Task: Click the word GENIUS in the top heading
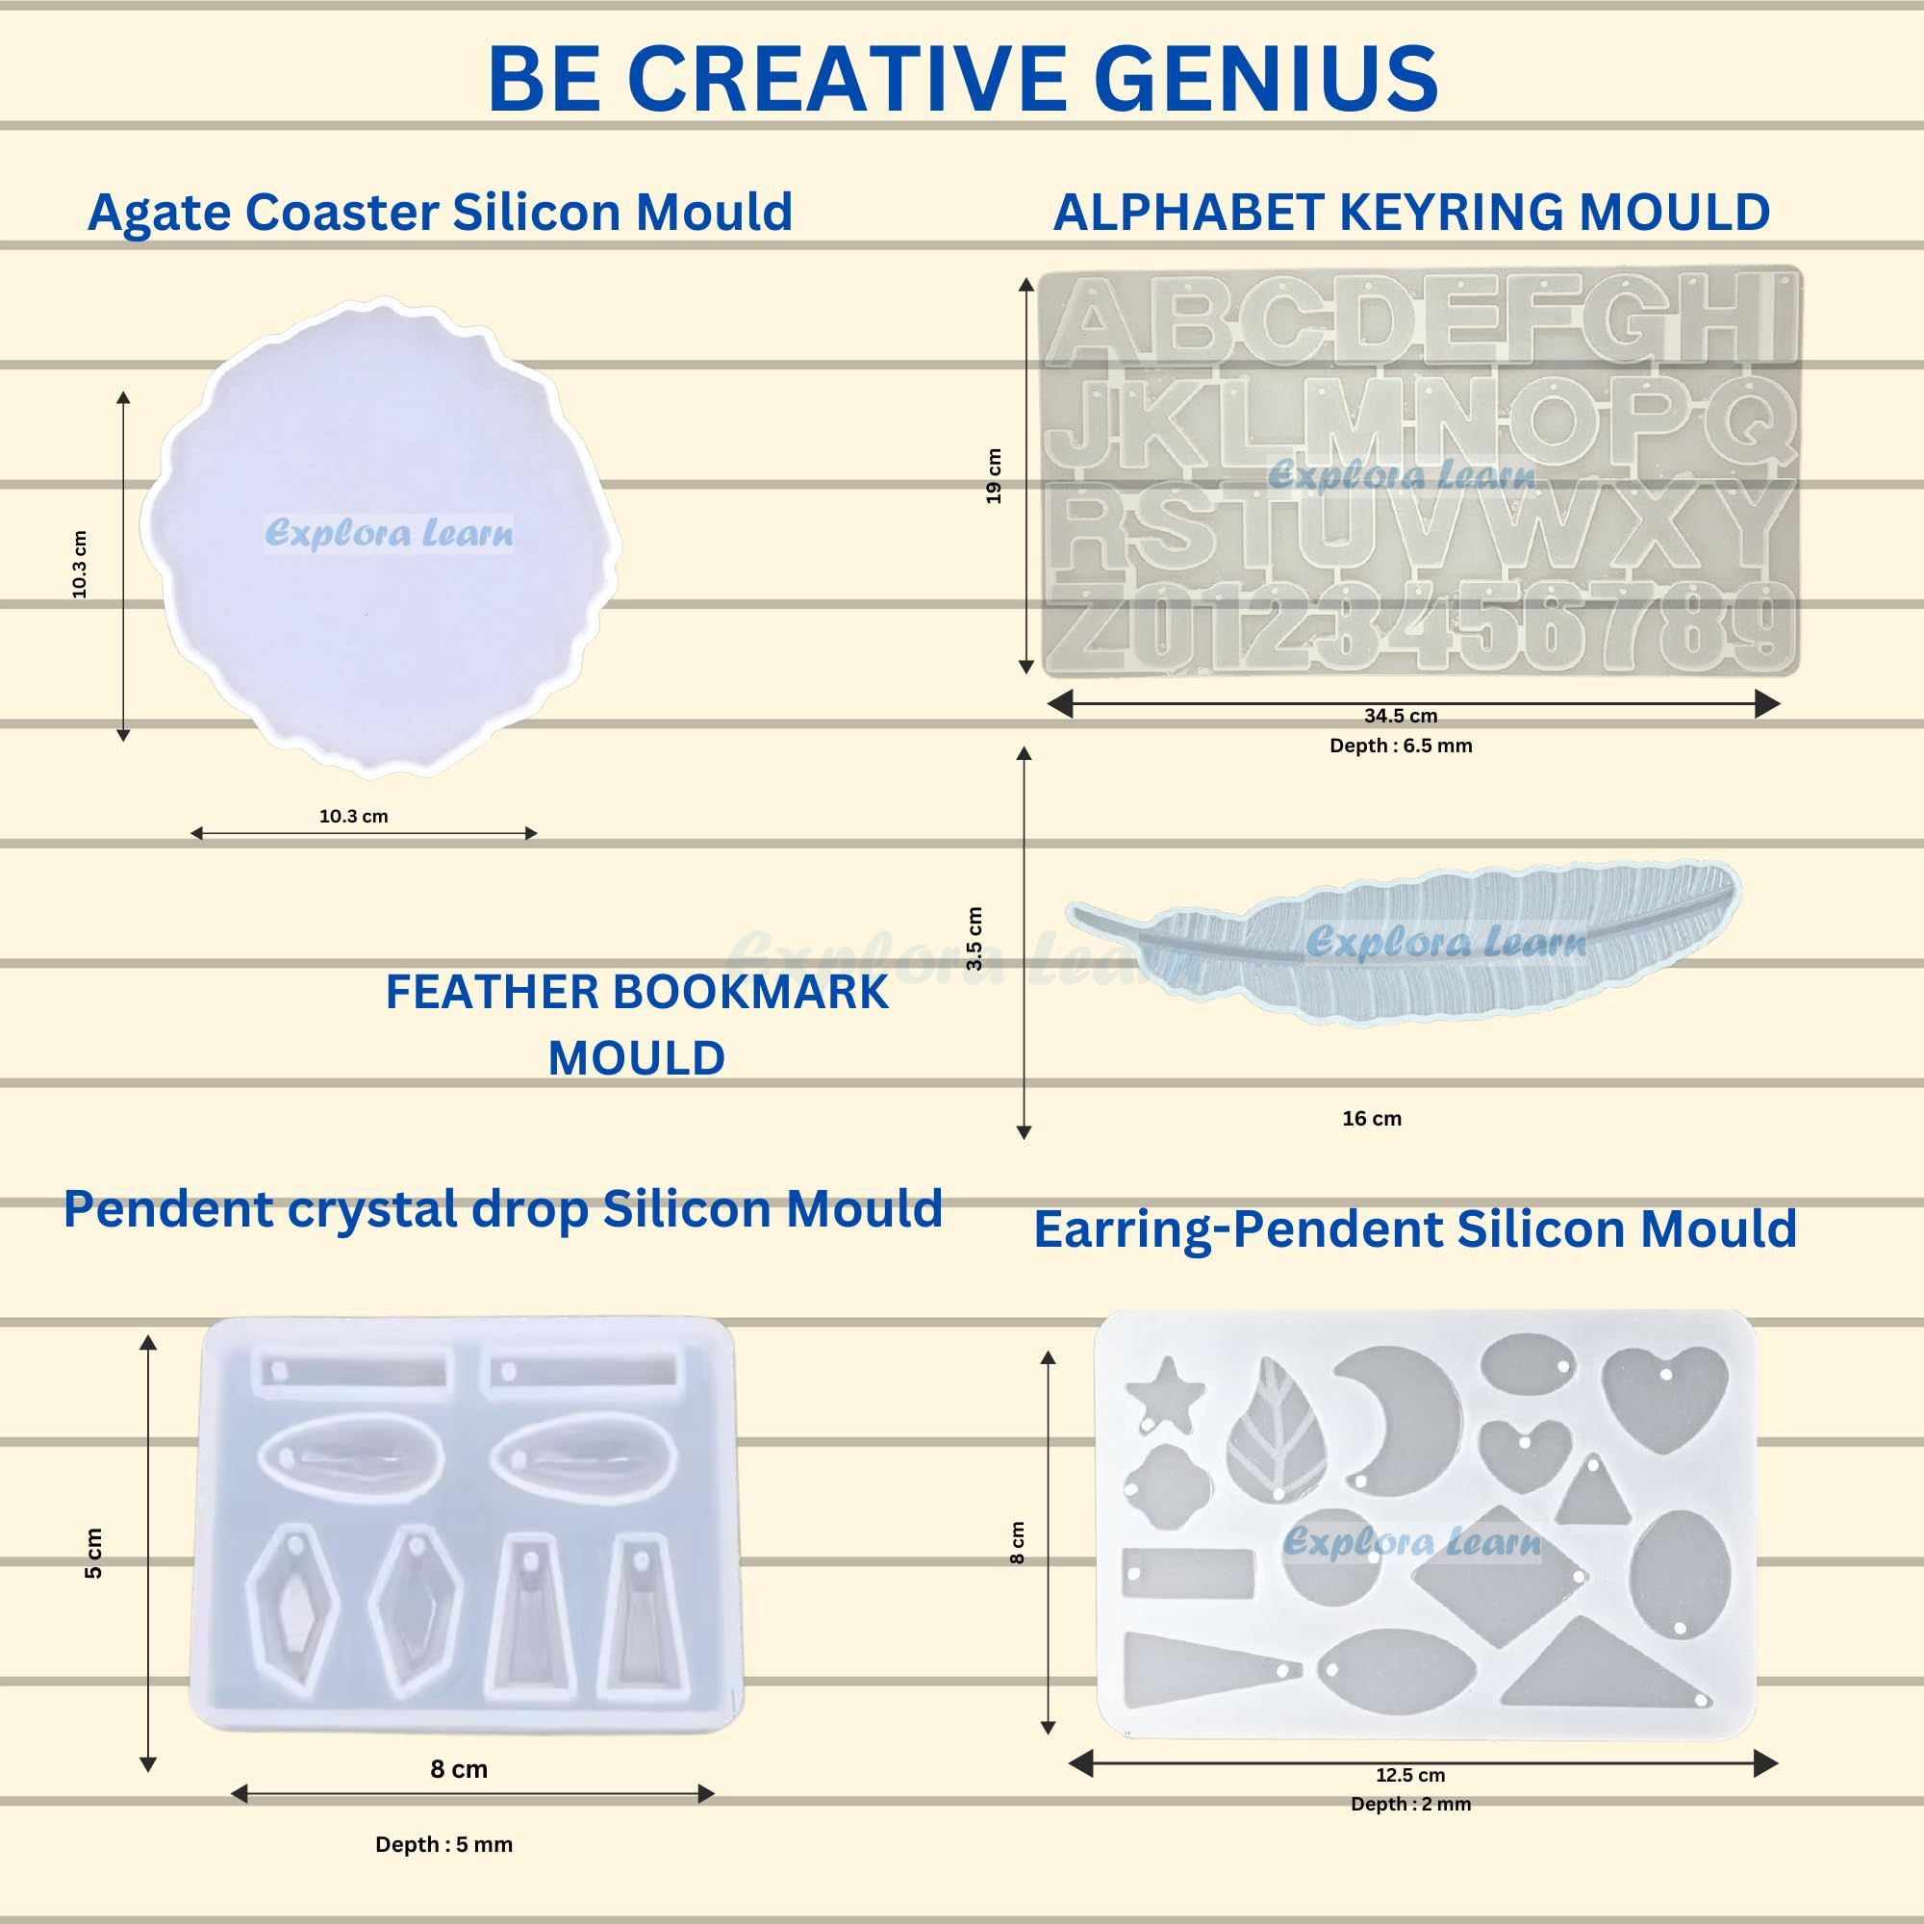[1266, 79]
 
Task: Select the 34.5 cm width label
[1400, 715]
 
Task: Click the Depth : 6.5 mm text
[1400, 745]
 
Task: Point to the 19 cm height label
[994, 476]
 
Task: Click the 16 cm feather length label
[1371, 1119]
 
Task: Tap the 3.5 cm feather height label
[974, 938]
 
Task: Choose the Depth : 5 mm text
[443, 1844]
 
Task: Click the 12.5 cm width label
[1410, 1775]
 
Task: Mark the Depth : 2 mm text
[1410, 1804]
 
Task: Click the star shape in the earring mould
[1164, 1393]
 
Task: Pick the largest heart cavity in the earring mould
[1664, 1396]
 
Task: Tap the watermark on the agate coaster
[390, 533]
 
